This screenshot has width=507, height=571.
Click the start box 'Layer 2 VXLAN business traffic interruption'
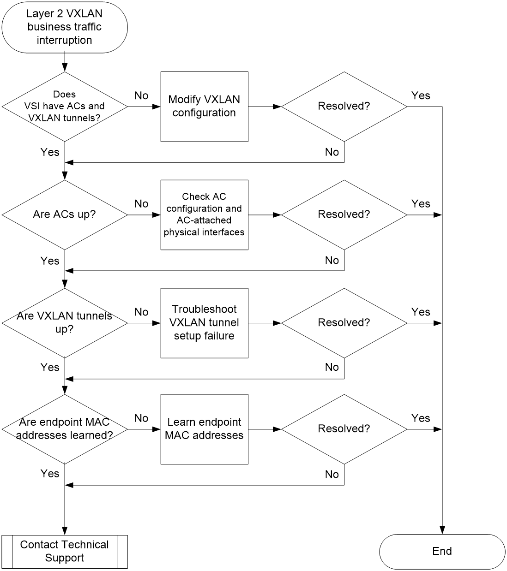pos(65,27)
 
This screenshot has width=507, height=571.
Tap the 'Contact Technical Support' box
pos(65,552)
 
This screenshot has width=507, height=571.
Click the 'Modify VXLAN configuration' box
pos(204,107)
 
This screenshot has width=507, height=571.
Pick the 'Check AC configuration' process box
pos(204,215)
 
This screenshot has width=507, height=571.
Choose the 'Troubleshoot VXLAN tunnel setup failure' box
pos(204,323)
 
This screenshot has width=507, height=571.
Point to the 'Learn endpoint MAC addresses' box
pos(204,429)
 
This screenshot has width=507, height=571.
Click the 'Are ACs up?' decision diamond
pos(65,215)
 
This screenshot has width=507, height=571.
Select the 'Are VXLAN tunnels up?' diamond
pos(65,323)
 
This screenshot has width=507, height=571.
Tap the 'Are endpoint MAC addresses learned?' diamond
pos(65,429)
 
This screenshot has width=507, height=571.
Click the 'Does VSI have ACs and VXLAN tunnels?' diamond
pos(65,107)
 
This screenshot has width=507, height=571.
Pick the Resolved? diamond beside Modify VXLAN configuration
pos(344,107)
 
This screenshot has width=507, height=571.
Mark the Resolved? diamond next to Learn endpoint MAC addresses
pos(344,429)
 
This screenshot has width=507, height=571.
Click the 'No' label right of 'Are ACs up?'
pos(141,204)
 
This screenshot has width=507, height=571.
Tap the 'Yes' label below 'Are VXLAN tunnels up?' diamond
pos(50,367)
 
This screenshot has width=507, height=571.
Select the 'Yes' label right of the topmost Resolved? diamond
pos(421,95)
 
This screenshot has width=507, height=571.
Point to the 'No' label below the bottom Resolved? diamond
pos(332,474)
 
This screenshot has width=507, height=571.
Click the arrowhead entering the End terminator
pos(442,530)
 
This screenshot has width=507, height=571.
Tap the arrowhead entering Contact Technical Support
pos(65,531)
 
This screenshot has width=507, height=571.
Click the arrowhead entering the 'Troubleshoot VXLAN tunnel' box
pos(157,323)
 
